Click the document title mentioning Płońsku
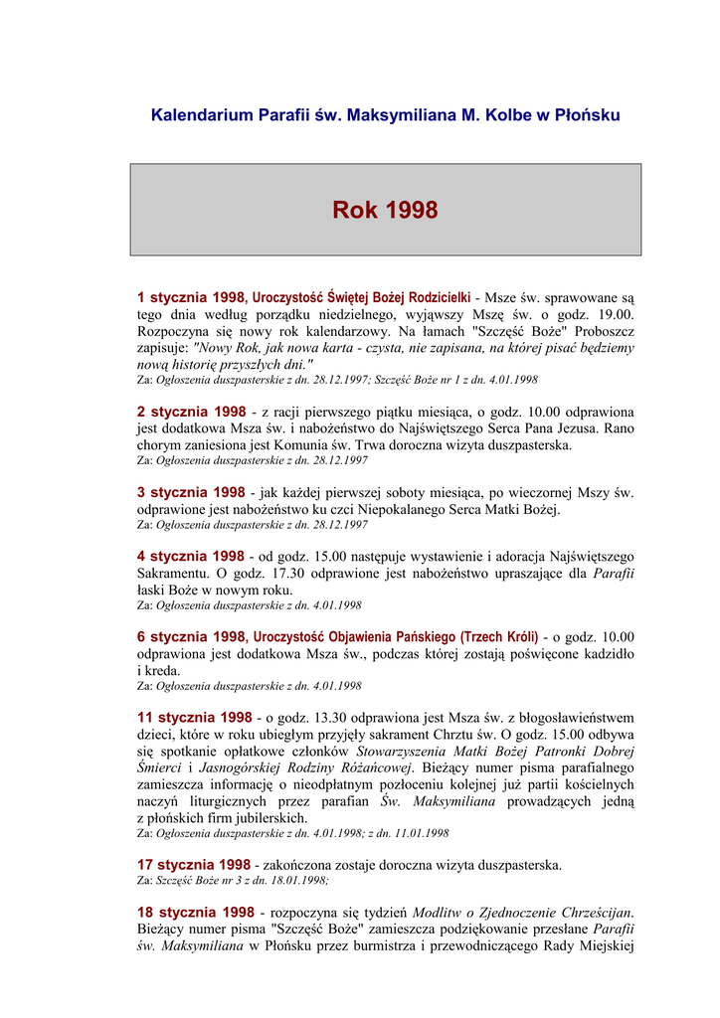point(385,115)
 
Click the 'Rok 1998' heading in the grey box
point(385,210)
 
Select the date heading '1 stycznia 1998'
point(190,297)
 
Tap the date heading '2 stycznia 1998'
point(190,412)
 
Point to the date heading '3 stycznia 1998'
point(190,492)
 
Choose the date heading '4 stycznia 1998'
point(190,557)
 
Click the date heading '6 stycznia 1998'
point(190,636)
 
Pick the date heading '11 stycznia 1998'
point(194,717)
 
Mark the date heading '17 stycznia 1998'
point(194,865)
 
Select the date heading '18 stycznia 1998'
point(195,913)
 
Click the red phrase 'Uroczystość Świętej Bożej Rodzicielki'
point(361,297)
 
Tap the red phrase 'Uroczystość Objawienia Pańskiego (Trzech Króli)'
point(396,636)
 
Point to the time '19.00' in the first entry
point(616,314)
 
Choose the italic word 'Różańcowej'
point(375,768)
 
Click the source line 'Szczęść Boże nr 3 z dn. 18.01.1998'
point(234,881)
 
